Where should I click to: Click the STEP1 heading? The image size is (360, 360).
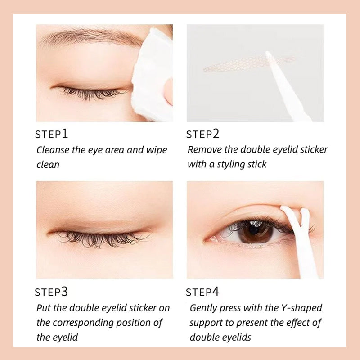pos(52,134)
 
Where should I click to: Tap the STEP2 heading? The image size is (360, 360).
pos(202,134)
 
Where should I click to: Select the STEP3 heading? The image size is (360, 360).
pos(52,292)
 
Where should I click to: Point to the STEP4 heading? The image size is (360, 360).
pos(202,292)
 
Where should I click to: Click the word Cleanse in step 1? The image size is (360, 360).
pos(53,150)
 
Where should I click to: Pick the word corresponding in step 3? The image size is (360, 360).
pos(87,323)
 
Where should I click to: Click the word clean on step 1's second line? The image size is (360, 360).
pos(48,165)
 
